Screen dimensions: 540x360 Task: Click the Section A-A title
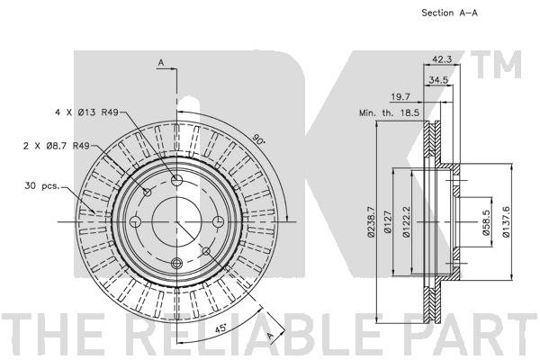[x=449, y=13]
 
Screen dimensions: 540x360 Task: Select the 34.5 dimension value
[x=438, y=80]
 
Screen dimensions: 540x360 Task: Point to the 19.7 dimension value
[x=400, y=97]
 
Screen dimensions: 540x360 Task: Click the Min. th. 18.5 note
[x=389, y=112]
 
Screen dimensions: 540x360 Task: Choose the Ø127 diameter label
[x=388, y=222]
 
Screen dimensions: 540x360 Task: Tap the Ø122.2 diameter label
[x=407, y=222]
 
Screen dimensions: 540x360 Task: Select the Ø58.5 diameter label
[x=486, y=222]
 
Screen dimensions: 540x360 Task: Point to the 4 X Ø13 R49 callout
[x=86, y=112]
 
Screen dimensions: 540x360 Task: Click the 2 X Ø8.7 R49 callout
[x=57, y=146]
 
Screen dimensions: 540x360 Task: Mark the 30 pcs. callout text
[x=42, y=186]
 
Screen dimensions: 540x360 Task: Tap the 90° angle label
[x=258, y=139]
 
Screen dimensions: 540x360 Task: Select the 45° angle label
[x=220, y=328]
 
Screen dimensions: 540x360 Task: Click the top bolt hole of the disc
[x=176, y=180]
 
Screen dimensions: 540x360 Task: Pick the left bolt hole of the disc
[x=135, y=221]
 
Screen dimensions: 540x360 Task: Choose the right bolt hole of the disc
[x=218, y=221]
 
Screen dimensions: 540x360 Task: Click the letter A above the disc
[x=161, y=63]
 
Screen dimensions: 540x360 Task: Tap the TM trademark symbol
[x=496, y=64]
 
